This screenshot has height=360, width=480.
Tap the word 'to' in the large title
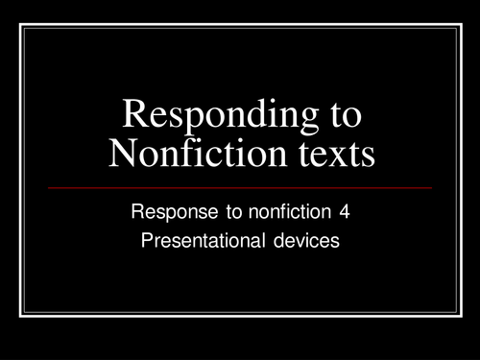[341, 116]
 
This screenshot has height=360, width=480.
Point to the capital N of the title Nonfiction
[124, 154]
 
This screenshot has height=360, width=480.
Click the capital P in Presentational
[147, 241]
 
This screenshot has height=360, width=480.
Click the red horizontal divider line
[240, 187]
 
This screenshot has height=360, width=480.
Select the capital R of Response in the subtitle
[136, 211]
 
